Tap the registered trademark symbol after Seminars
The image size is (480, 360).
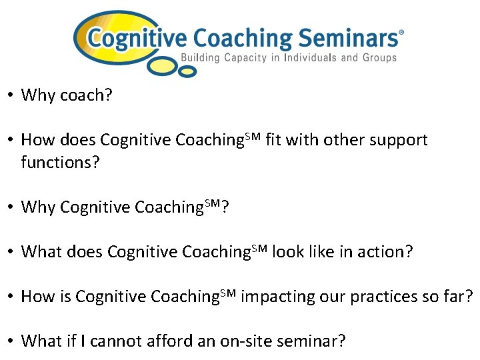point(401,31)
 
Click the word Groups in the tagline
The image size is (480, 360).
point(379,57)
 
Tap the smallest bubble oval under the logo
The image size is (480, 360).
point(189,71)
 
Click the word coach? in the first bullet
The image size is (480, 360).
point(86,95)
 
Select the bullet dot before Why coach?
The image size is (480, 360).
point(11,95)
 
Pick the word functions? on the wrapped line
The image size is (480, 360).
point(60,162)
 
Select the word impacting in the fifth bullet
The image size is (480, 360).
point(271,297)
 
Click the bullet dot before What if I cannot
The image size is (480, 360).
point(11,341)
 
